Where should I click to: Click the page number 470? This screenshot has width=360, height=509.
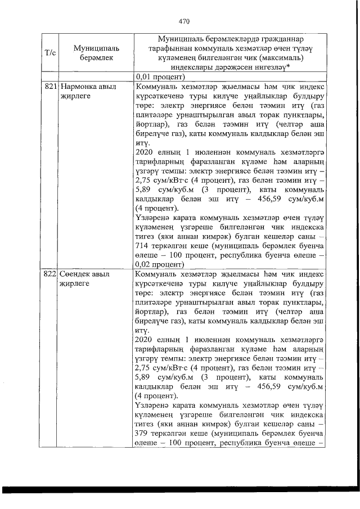(184, 22)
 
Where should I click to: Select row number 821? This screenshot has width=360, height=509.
(50, 87)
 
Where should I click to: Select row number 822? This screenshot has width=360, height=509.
(50, 274)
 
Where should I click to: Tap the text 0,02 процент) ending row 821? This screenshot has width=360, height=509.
(160, 263)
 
